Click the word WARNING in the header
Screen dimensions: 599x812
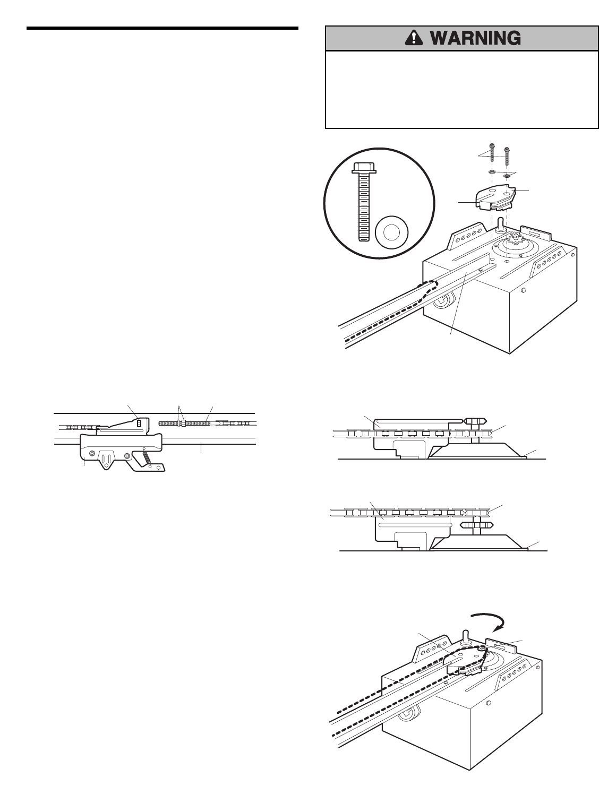pyautogui.click(x=475, y=38)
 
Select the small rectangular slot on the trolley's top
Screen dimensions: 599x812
pyautogui.click(x=139, y=424)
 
